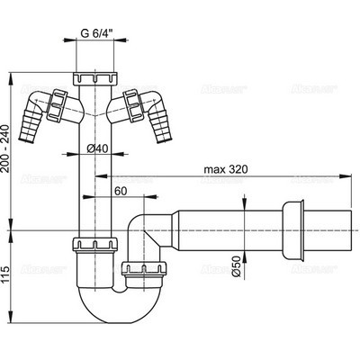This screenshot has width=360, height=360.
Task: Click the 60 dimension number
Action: [x=120, y=192]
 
